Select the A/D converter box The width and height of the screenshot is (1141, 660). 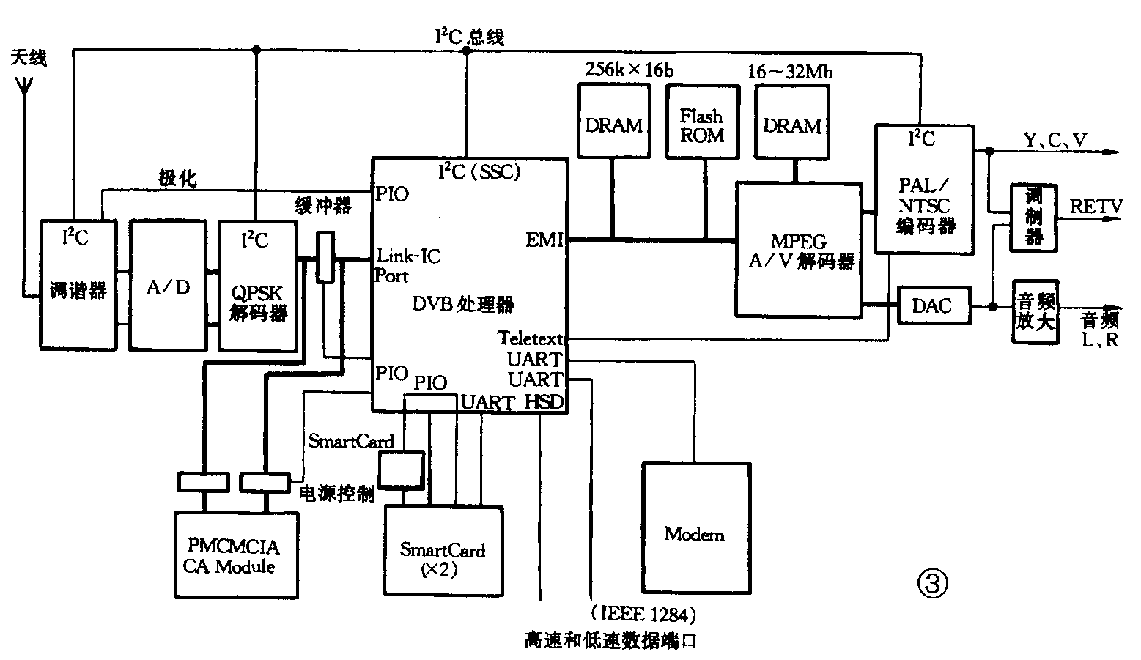168,286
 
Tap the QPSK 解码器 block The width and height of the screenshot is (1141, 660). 258,286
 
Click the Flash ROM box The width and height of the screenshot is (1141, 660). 702,121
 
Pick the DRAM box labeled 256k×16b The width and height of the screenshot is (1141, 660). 613,121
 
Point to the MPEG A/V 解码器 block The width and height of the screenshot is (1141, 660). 799,250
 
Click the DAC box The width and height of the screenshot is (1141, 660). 931,305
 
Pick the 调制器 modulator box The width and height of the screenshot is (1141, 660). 1033,218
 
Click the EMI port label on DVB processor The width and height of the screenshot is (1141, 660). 544,240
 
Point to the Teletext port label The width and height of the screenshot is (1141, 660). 531,338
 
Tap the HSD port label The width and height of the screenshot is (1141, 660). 544,401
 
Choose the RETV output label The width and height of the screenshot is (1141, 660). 1095,207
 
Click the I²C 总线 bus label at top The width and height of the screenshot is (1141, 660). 469,37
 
